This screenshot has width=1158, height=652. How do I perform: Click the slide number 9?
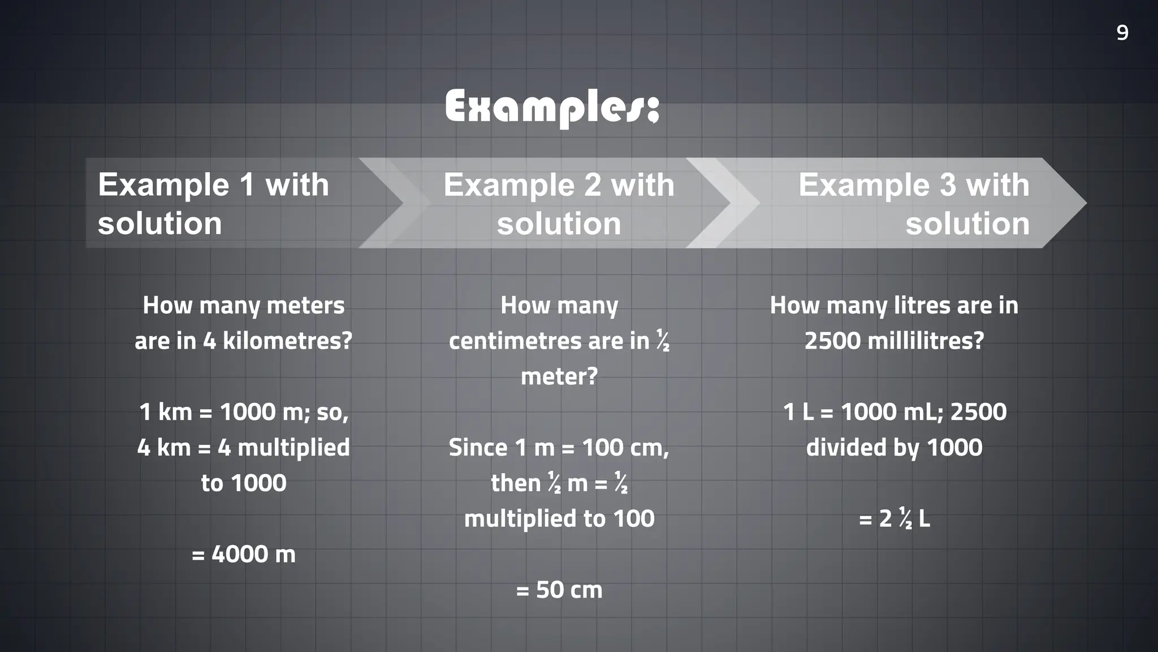(1122, 33)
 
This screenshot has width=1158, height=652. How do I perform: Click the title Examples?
(552, 108)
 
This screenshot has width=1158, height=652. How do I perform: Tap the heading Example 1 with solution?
(213, 203)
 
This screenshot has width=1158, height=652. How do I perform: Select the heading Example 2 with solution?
(559, 203)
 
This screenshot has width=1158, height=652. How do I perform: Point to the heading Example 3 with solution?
(914, 203)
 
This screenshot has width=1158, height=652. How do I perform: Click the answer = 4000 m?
(244, 554)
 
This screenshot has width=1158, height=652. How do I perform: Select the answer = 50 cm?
(559, 590)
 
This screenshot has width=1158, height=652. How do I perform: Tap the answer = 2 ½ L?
(894, 518)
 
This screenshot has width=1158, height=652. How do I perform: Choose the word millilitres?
(926, 341)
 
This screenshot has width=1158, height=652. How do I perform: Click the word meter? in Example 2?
(559, 376)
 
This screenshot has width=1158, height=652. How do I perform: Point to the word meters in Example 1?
(305, 306)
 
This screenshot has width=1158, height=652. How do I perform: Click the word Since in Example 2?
(477, 448)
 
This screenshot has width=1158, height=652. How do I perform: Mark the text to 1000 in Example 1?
(244, 483)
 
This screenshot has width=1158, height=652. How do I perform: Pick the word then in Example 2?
(516, 483)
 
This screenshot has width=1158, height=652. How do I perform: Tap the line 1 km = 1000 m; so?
(244, 412)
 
